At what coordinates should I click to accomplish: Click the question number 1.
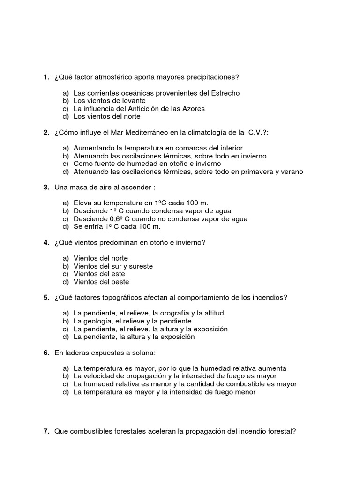click(46, 77)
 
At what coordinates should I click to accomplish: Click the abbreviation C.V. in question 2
click(257, 133)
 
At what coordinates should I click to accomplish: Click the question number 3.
click(46, 187)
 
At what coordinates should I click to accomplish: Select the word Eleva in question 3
click(82, 203)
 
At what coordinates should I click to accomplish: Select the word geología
click(97, 321)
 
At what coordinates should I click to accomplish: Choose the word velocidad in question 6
click(97, 376)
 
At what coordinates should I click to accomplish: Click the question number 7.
click(46, 431)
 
